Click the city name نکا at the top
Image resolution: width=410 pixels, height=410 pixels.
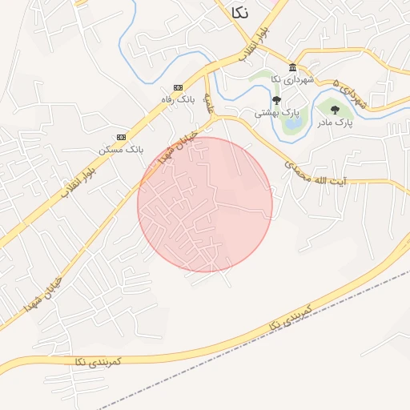click(239, 11)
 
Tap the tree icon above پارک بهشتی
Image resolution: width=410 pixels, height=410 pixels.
click(276, 100)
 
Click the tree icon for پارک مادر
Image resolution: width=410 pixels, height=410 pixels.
click(335, 110)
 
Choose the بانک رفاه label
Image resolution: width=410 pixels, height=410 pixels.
click(183, 98)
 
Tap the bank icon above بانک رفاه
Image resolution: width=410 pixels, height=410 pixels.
click(178, 87)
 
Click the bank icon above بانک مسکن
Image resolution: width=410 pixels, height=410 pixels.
click(121, 137)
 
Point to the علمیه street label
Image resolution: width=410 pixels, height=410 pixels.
click(209, 102)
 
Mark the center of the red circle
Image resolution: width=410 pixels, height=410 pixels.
click(205, 204)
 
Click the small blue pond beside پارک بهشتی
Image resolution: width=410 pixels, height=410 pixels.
click(292, 122)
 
